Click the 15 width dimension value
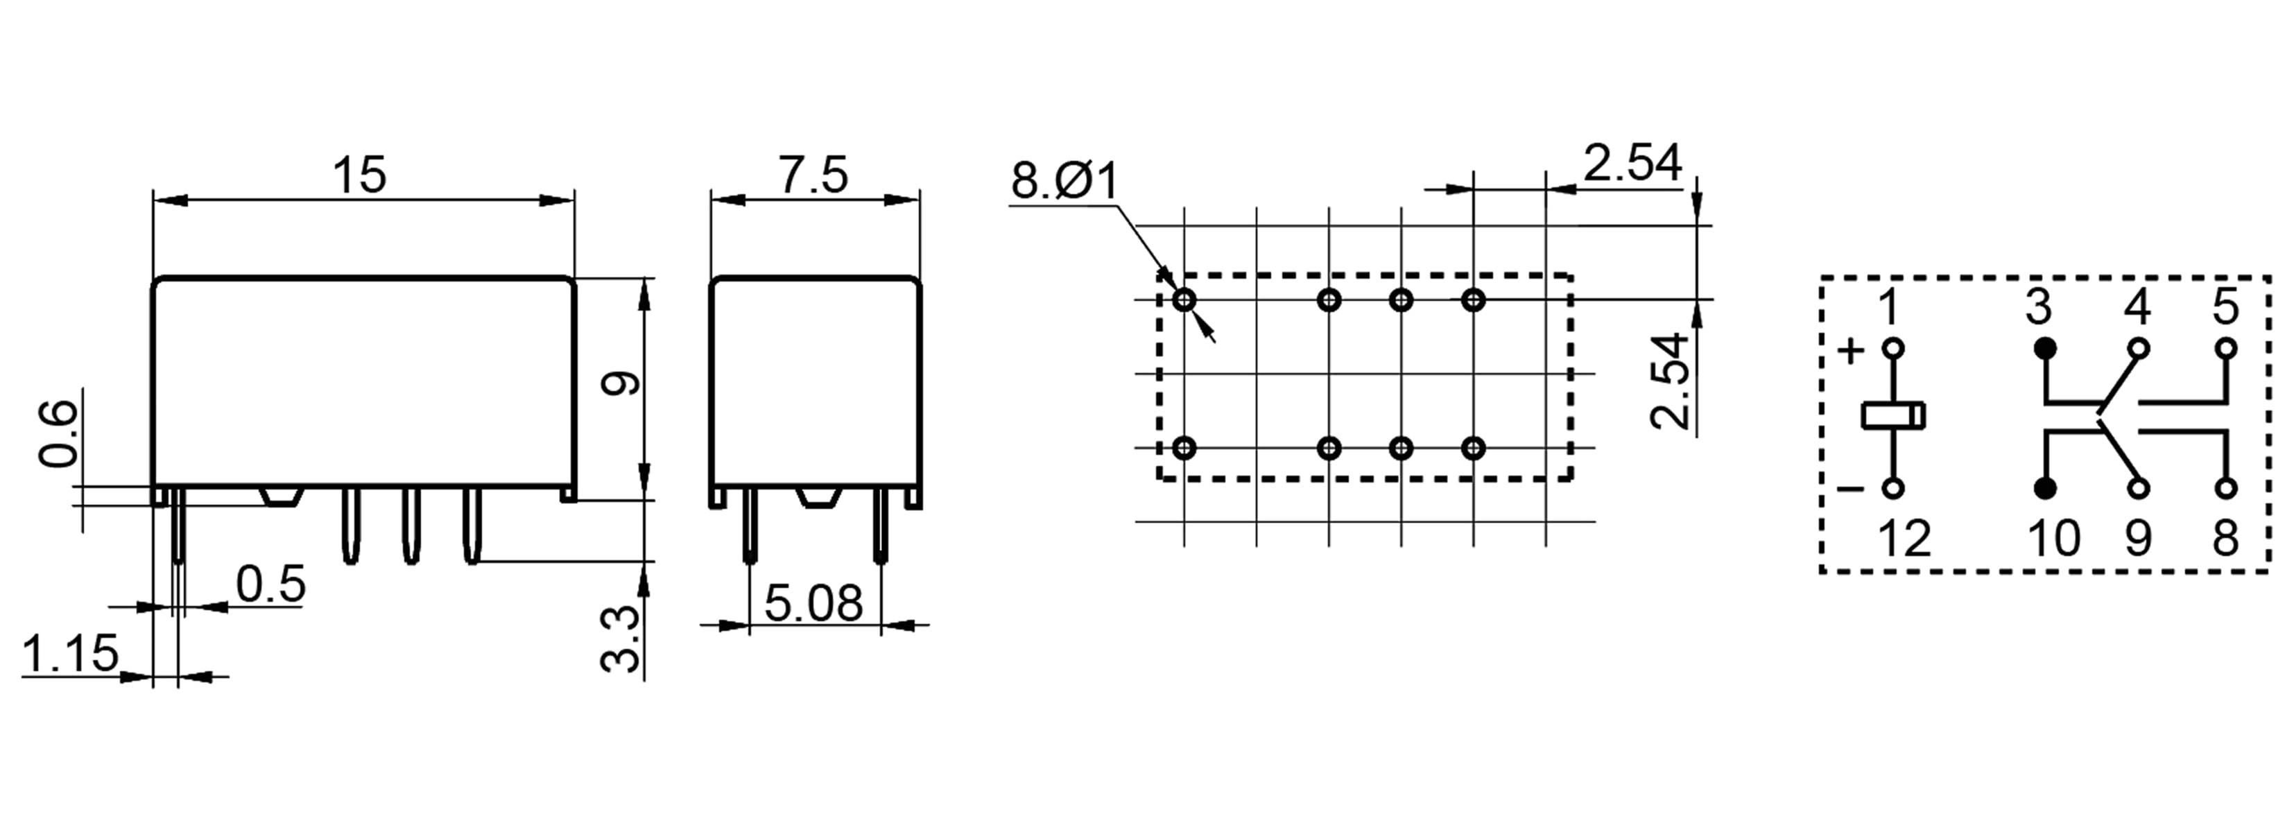click(x=360, y=175)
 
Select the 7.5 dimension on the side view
click(x=814, y=175)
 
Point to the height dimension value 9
click(x=621, y=383)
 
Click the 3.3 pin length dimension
click(x=621, y=639)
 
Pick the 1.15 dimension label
click(x=69, y=653)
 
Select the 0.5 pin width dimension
click(x=270, y=584)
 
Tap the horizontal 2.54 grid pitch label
click(x=1633, y=164)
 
